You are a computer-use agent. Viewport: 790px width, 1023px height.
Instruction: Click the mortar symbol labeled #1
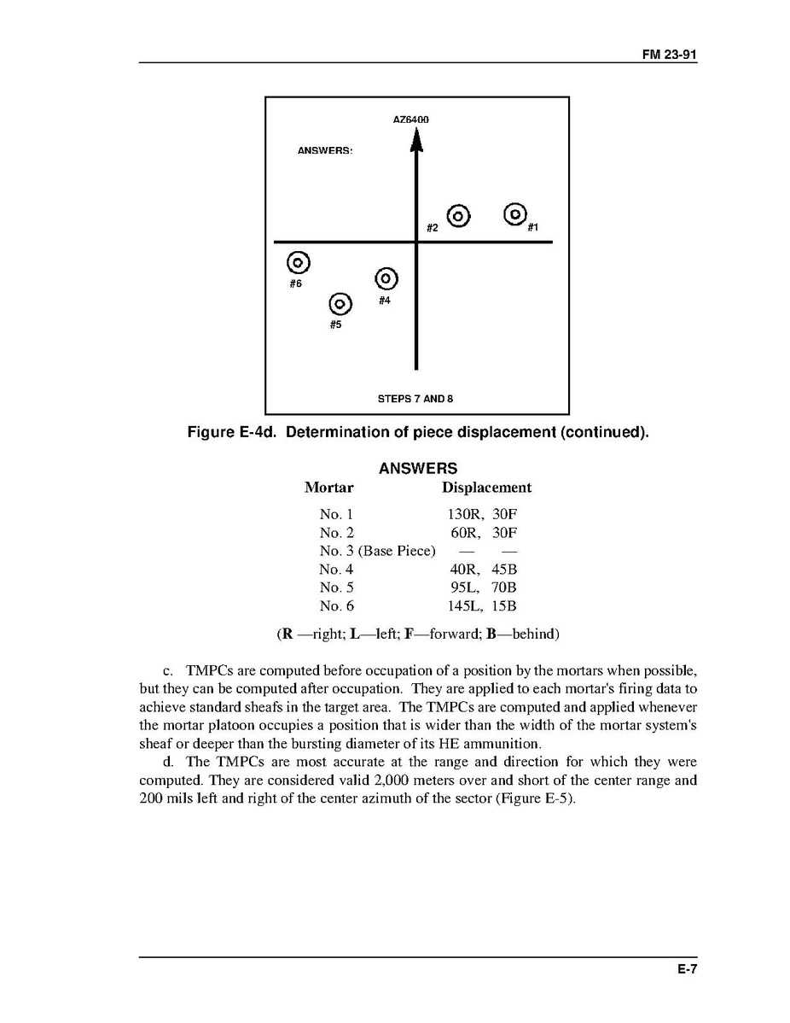(515, 213)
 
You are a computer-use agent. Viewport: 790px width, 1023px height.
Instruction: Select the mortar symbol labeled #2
(458, 217)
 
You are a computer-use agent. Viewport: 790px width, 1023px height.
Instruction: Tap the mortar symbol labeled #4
(386, 278)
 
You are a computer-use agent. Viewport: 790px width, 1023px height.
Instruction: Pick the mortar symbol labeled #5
(340, 304)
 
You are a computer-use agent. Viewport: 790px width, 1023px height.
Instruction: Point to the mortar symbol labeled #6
(298, 262)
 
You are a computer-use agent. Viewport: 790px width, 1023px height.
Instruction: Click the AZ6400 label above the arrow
(411, 120)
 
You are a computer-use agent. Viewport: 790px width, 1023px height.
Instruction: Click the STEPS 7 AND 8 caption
(415, 399)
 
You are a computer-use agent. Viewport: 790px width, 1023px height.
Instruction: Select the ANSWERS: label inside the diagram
(325, 150)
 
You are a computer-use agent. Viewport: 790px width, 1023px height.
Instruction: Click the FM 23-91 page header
(670, 55)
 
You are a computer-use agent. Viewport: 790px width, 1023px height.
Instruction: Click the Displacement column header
(486, 488)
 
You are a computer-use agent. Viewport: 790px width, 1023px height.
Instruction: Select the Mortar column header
(329, 488)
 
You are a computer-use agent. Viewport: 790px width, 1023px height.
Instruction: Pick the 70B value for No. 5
(504, 587)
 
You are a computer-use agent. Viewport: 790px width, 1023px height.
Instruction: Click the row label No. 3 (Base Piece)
(377, 551)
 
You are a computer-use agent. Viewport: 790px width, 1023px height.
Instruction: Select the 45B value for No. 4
(504, 570)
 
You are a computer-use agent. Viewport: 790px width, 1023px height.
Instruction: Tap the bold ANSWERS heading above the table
(418, 469)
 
